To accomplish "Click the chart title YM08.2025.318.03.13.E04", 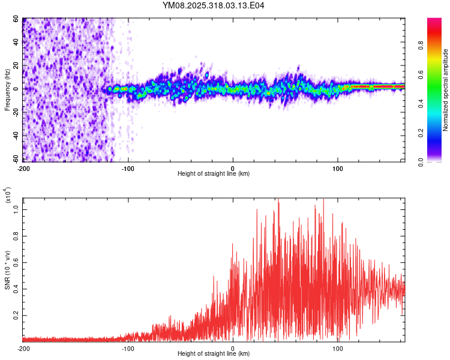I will [214, 6].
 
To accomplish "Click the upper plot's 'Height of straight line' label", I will [214, 173].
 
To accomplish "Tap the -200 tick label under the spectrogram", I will [24, 167].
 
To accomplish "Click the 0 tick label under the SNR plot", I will [233, 349].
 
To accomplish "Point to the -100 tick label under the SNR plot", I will [128, 349].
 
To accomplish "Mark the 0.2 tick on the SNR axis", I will [16, 314].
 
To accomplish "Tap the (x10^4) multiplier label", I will [8, 196].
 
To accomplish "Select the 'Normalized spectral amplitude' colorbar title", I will [446, 90].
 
